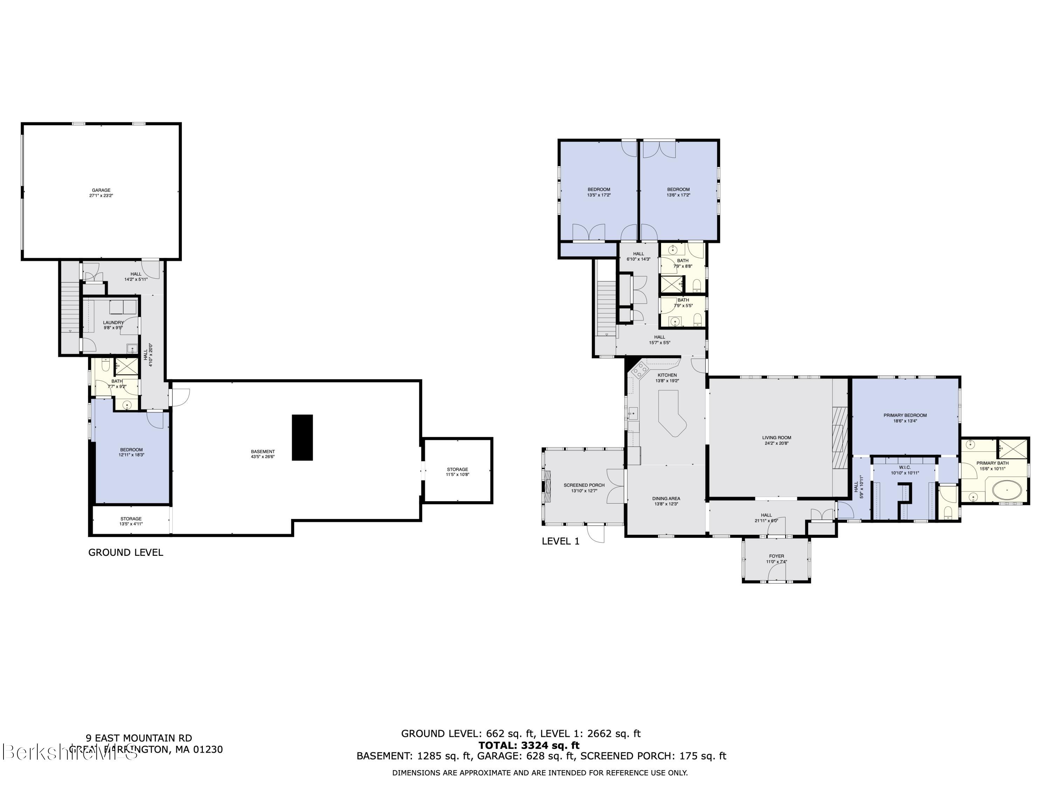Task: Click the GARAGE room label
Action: tap(101, 192)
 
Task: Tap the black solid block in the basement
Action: tap(302, 437)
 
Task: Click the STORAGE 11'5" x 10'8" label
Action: tap(457, 472)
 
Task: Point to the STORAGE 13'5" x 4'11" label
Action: tap(131, 521)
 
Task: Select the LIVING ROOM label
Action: tap(776, 440)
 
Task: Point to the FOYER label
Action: tap(776, 559)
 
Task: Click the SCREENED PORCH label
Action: tap(584, 488)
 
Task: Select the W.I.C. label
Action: tap(905, 470)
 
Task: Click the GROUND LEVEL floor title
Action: tap(125, 552)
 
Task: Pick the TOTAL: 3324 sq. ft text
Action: tap(528, 745)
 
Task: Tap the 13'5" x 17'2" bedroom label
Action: tap(599, 192)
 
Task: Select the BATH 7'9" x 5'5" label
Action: tap(683, 303)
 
